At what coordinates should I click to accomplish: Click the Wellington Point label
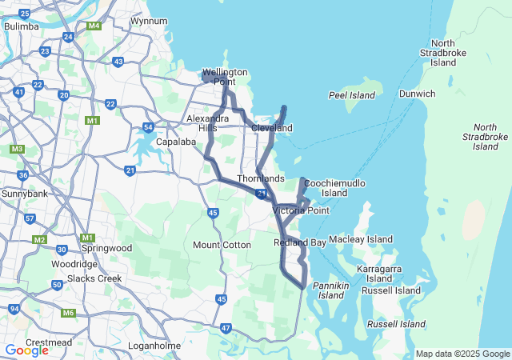click(225, 77)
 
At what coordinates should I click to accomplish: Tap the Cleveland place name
click(272, 128)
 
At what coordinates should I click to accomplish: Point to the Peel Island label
click(352, 95)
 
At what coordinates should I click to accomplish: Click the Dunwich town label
click(418, 94)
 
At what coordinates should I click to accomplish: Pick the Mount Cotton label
click(222, 245)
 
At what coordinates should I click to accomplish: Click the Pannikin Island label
click(330, 290)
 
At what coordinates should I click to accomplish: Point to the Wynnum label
click(148, 21)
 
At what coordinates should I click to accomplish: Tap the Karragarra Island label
click(385, 274)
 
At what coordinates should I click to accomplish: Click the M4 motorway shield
click(94, 26)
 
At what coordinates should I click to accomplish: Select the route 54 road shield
click(148, 127)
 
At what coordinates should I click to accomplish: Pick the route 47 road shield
click(226, 328)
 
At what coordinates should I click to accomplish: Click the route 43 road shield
click(118, 62)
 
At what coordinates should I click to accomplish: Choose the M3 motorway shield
click(17, 150)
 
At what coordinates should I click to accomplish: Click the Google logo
click(26, 350)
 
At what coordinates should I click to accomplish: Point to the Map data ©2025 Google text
click(462, 354)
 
